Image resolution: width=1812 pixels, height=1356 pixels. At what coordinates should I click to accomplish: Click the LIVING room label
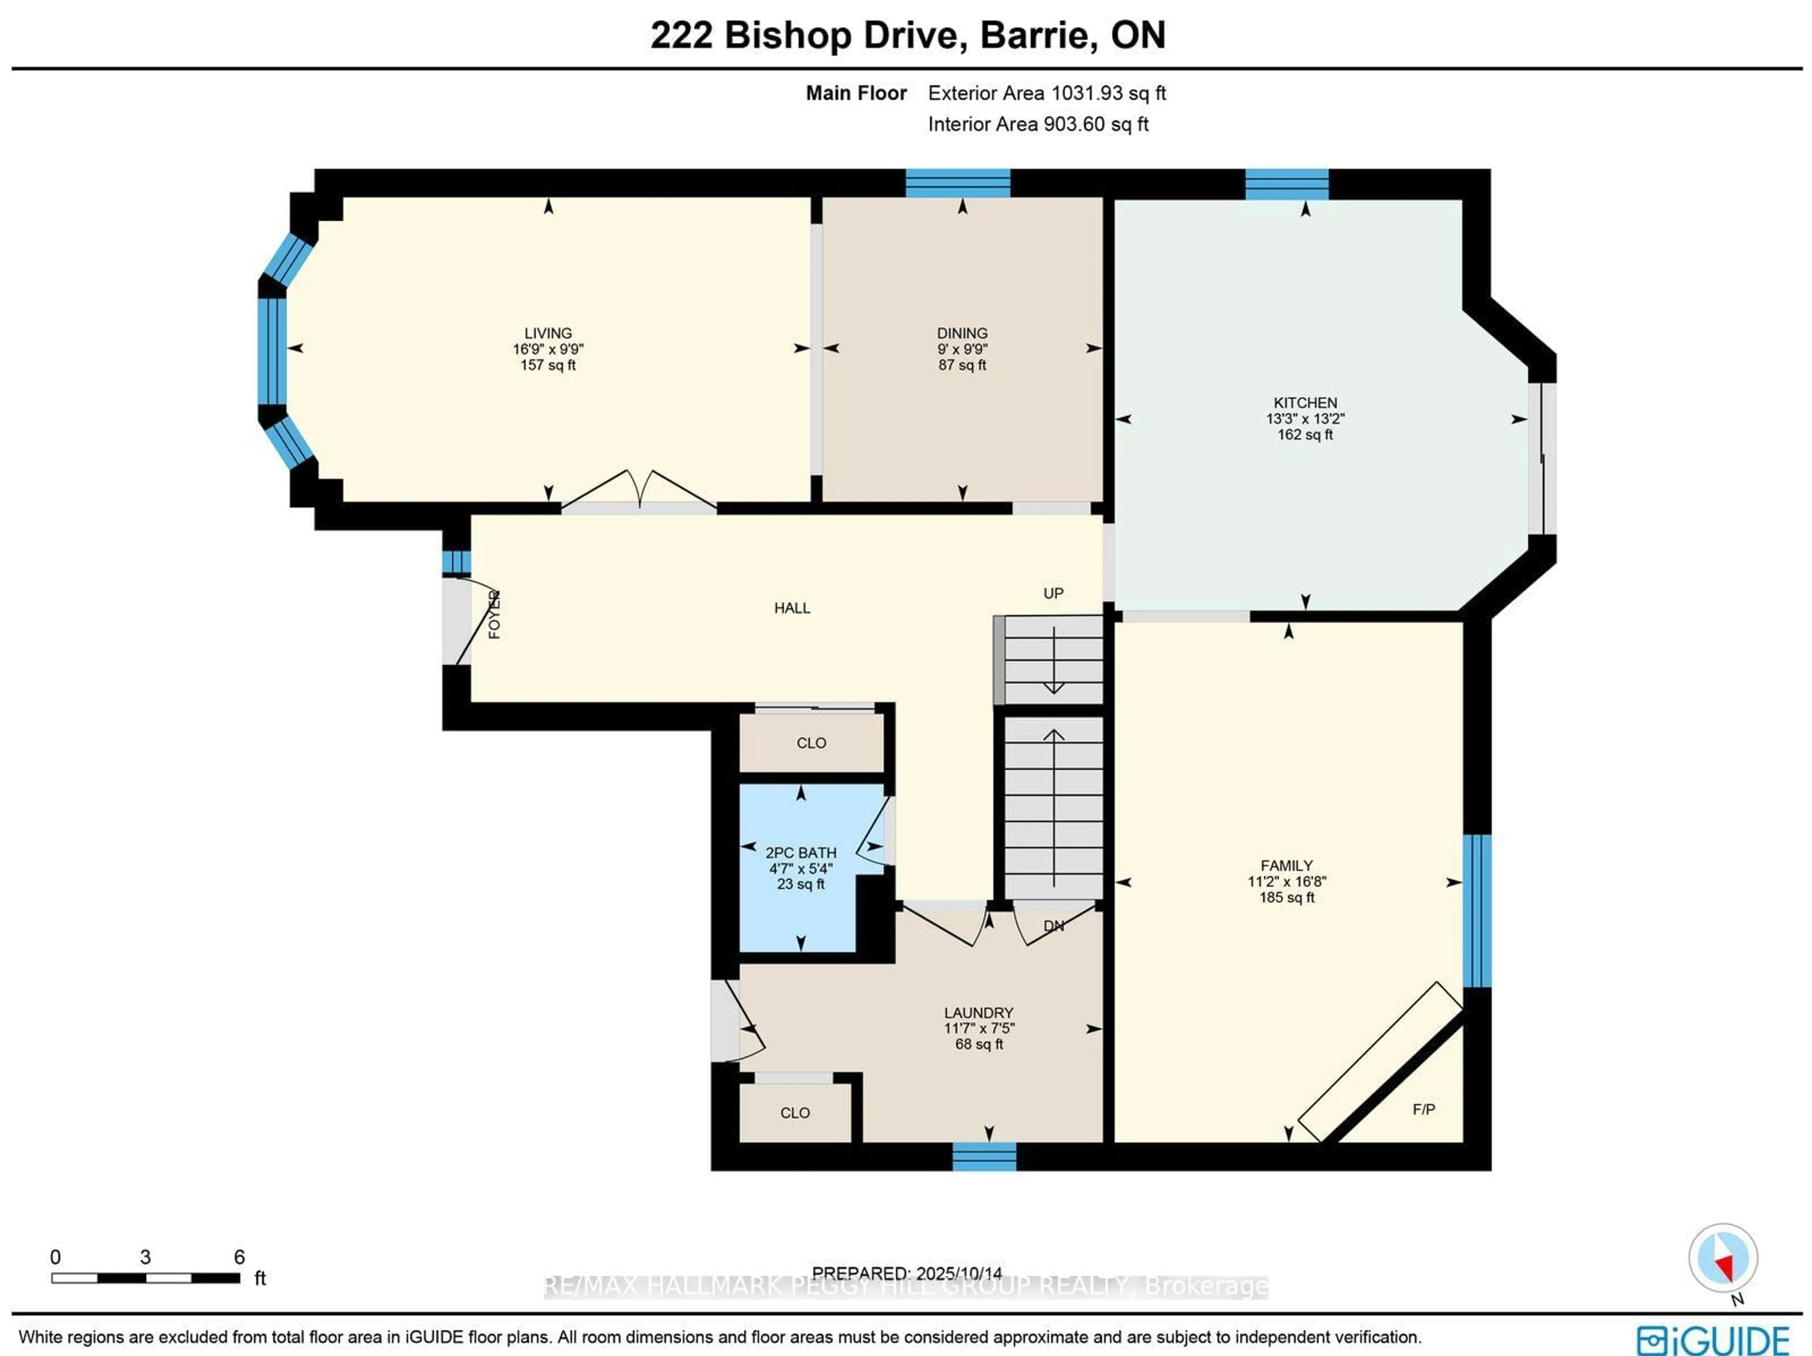547,333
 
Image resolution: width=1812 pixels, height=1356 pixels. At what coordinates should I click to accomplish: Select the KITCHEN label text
1304,403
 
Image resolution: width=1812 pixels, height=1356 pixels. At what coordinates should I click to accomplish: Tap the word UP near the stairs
1053,593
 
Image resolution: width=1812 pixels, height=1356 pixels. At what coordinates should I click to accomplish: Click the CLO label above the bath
811,743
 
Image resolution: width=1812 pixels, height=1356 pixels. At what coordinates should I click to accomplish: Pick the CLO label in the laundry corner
795,1113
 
